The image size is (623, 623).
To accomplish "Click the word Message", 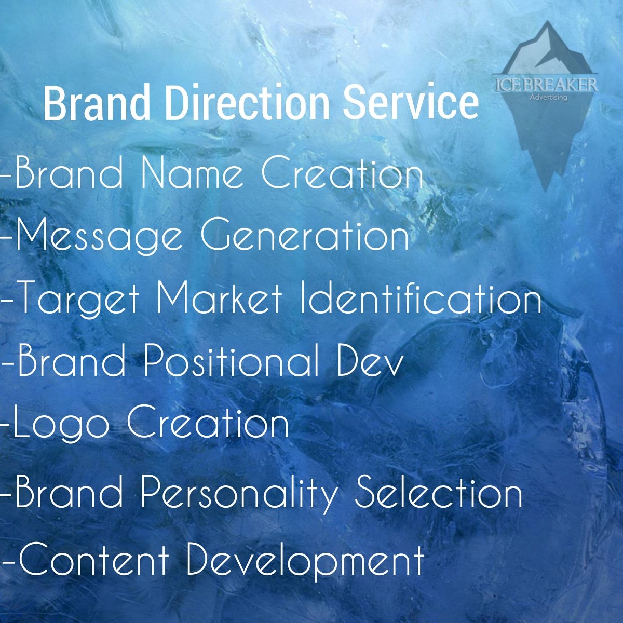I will coord(99,237).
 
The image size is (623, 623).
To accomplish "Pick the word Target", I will coord(78,300).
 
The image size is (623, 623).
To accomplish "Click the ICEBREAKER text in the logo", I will coord(545,85).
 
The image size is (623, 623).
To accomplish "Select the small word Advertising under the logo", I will coord(548,97).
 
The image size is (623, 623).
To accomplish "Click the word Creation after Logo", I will coord(208,424).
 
